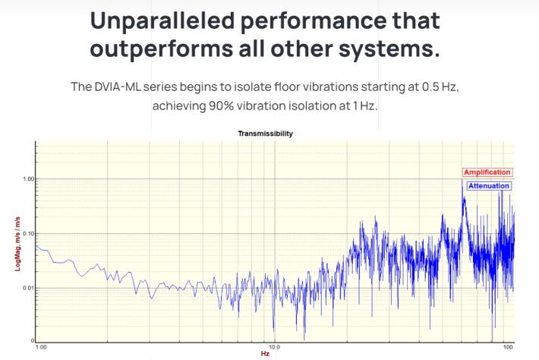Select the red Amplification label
487,172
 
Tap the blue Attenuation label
487,185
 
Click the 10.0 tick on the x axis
275,348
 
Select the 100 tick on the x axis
509,348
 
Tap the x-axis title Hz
264,355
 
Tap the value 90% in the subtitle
222,106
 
